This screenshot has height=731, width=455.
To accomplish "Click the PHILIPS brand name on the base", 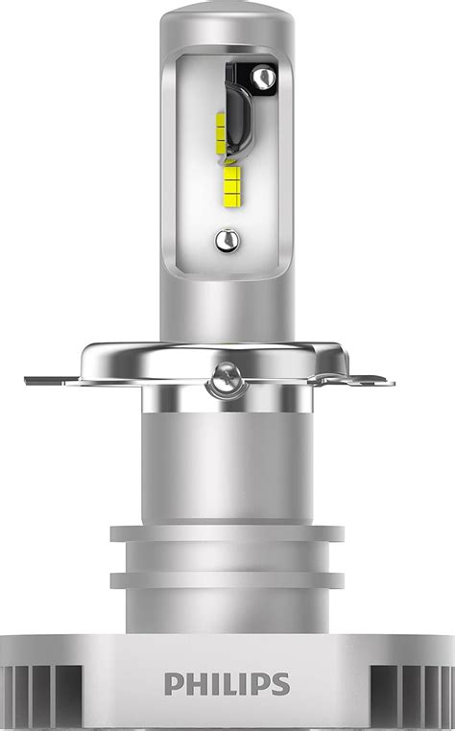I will (227, 684).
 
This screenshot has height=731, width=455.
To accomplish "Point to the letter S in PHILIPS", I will (278, 684).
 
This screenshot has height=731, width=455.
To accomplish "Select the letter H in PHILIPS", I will (195, 684).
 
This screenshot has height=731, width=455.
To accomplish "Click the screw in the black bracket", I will (262, 75).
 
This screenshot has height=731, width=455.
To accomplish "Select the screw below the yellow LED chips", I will (226, 239).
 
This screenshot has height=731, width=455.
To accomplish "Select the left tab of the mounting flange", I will (53, 379).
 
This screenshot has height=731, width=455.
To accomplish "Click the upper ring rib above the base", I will (227, 533).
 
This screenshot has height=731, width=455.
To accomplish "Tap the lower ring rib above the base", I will (227, 579).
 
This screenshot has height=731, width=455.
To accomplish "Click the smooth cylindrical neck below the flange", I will (227, 460).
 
